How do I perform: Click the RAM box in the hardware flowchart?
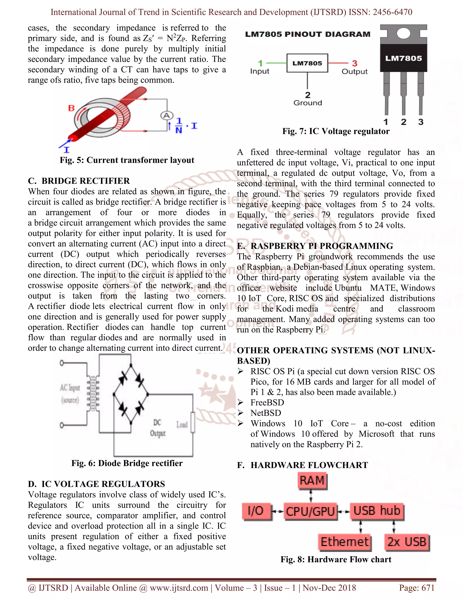pos(312,481)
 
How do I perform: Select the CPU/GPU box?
pos(310,511)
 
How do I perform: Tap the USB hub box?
pos(377,511)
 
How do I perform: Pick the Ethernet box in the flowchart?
pos(345,542)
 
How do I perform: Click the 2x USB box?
pos(407,542)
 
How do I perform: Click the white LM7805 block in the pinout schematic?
pos(307,63)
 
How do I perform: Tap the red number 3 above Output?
pos(355,63)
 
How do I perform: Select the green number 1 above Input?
pos(260,63)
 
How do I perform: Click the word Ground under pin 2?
pos(307,103)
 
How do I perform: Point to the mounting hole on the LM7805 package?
pos(403,33)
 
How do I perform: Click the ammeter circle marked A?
pos(166,116)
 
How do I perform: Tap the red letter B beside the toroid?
pos(71,108)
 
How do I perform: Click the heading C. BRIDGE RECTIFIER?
pos(79,181)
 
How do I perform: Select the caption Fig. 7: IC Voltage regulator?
pos(336,131)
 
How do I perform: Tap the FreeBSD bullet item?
pos(267,402)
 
